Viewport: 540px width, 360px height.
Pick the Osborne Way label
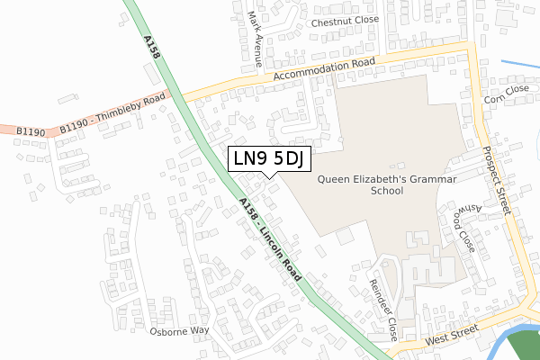click(x=179, y=330)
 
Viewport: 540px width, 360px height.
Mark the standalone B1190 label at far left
click(x=30, y=131)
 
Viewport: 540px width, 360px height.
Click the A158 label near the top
click(x=150, y=49)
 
